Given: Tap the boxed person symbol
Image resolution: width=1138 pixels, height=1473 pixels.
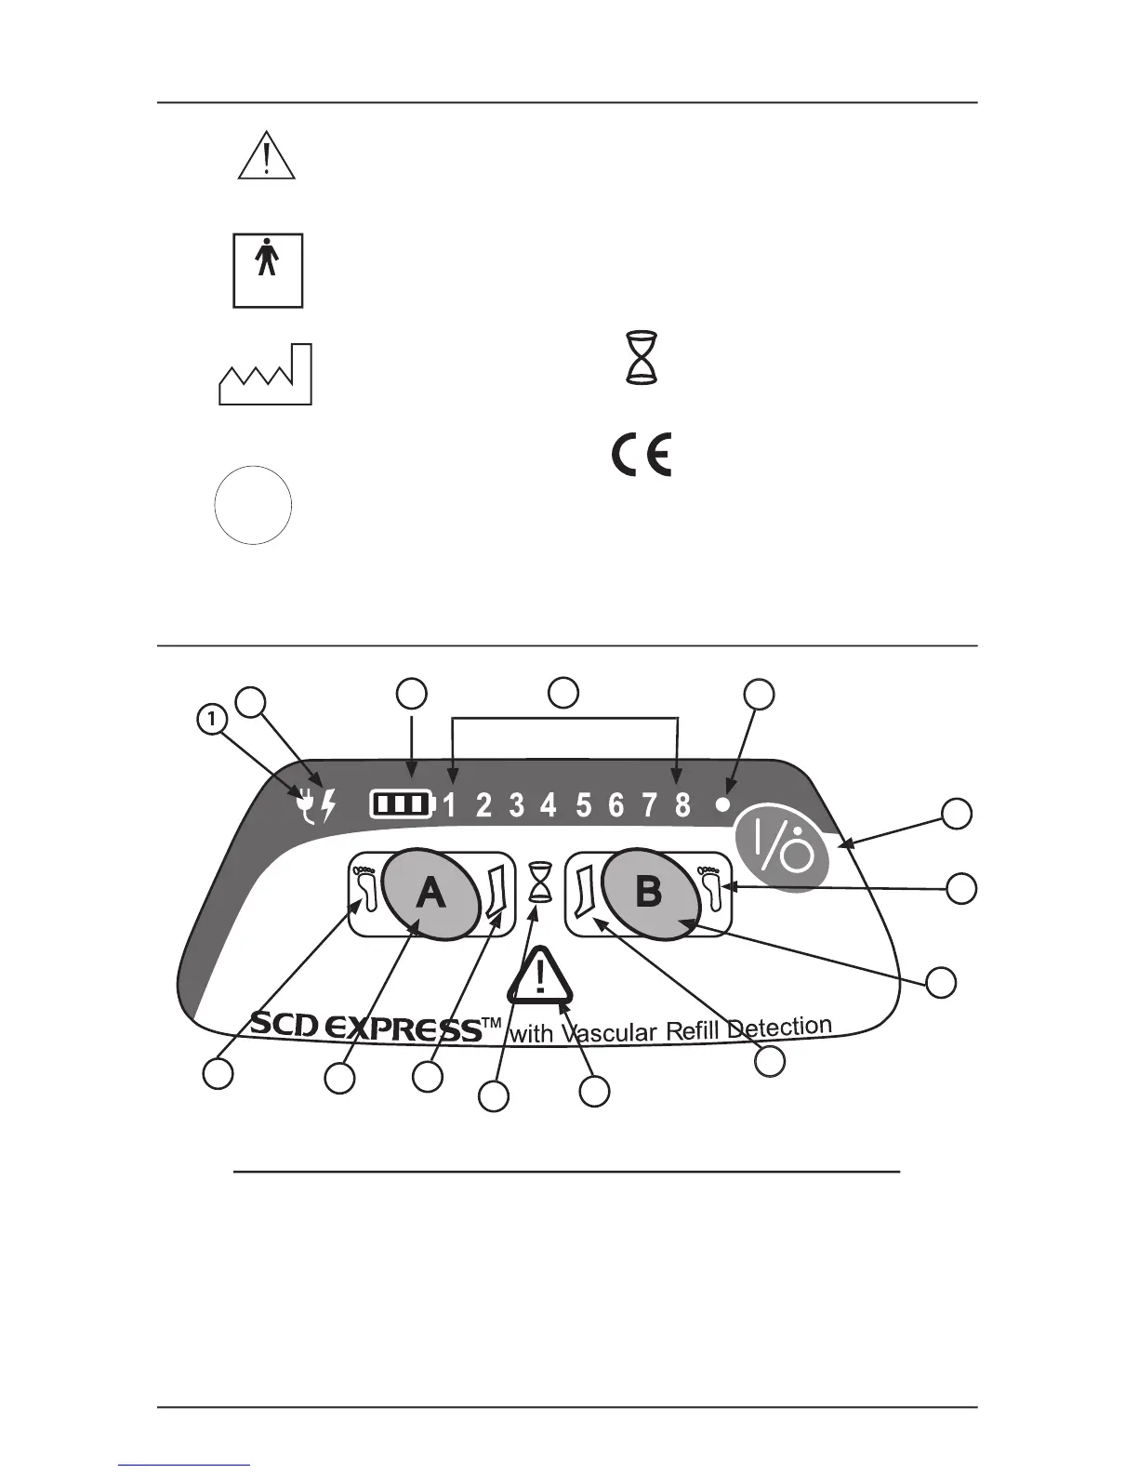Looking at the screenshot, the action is [x=268, y=271].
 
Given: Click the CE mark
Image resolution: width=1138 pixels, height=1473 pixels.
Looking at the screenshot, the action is [x=641, y=456].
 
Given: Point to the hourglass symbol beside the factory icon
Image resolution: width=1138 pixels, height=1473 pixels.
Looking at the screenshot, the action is [x=642, y=358].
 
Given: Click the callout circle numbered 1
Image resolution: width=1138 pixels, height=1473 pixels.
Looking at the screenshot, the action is [x=212, y=719].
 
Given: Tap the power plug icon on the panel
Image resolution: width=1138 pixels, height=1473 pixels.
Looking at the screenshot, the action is [x=304, y=804].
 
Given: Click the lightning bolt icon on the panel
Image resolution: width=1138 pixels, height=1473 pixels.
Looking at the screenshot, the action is [x=326, y=804].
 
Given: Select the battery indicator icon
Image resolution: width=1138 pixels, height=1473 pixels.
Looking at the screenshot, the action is [x=403, y=803].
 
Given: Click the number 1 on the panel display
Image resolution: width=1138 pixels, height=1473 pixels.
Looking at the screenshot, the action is [x=450, y=804].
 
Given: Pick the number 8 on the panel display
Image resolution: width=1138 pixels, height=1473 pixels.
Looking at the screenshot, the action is [x=682, y=804].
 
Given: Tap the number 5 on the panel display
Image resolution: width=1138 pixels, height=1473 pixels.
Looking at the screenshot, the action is [x=583, y=804].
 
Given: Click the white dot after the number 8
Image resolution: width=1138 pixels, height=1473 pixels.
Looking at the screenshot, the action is [x=723, y=805].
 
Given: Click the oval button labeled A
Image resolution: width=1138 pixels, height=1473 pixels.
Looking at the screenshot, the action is [x=430, y=893].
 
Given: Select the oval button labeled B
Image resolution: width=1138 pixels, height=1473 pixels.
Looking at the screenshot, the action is [x=649, y=893].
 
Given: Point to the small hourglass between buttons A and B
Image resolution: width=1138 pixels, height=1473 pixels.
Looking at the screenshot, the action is [x=540, y=882].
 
